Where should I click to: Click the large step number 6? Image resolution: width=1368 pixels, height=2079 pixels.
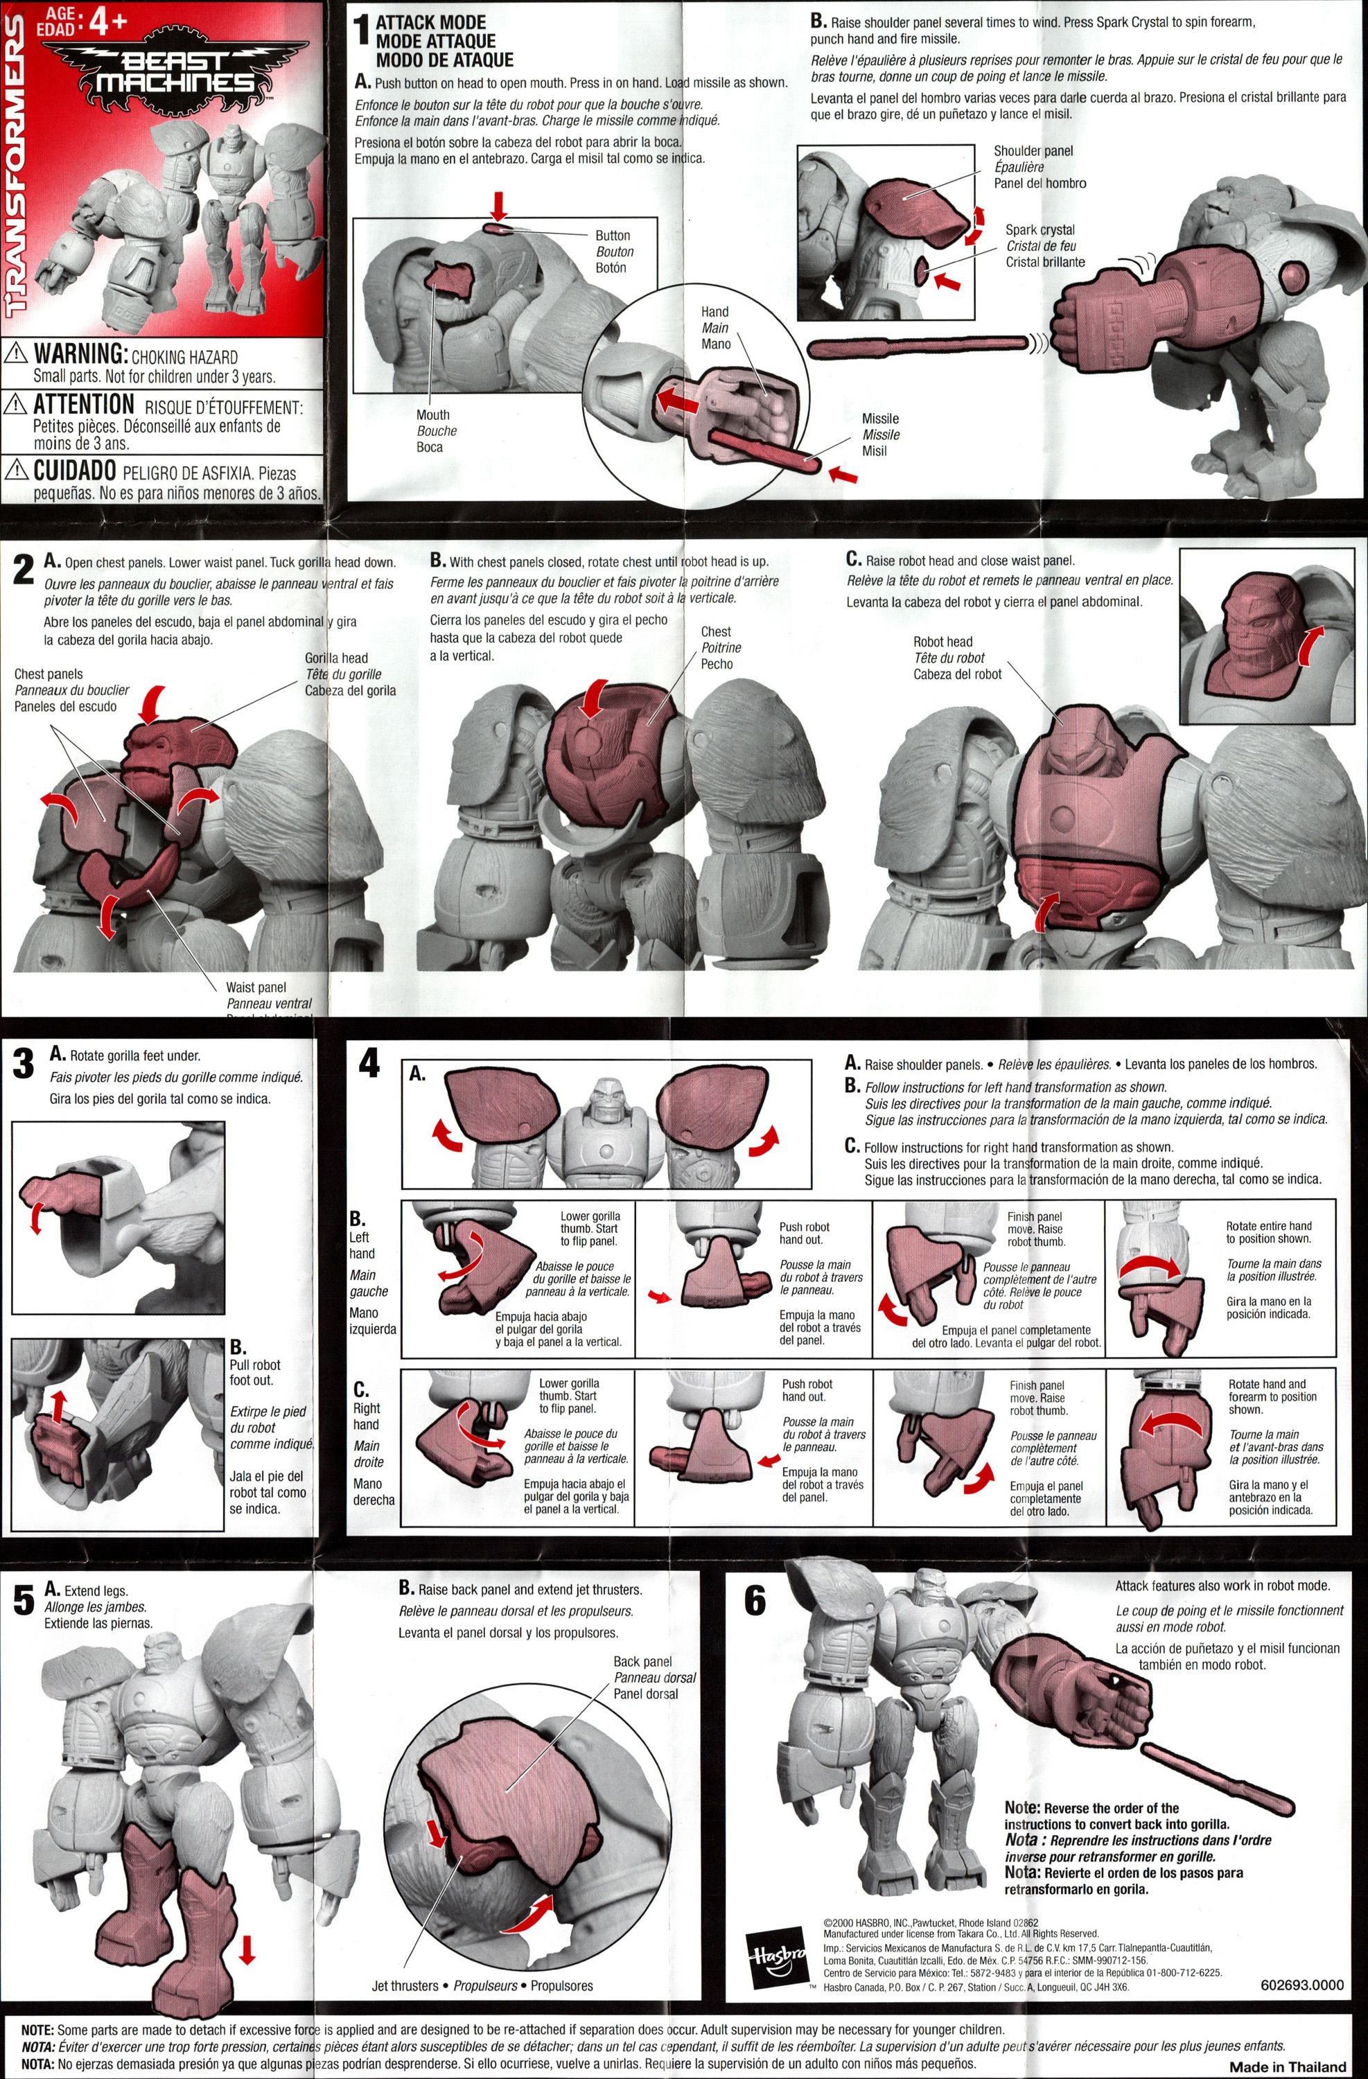755,1600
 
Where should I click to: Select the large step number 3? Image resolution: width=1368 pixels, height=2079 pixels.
24,1064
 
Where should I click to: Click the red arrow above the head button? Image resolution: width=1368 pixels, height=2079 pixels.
498,206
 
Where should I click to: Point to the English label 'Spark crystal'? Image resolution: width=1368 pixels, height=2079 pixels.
1040,230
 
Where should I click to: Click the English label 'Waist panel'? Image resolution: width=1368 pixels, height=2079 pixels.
256,987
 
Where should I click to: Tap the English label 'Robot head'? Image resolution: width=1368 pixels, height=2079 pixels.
942,642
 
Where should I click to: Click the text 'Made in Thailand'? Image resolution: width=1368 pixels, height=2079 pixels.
1288,2067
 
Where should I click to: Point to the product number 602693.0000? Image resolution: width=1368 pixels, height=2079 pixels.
1301,1985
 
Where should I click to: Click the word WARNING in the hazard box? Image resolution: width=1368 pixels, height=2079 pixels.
81,354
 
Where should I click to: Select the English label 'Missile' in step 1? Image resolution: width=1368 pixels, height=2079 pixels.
881,419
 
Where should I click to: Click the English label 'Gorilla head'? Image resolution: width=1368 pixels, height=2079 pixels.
336,658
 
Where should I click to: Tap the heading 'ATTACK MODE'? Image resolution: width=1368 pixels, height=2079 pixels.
430,23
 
